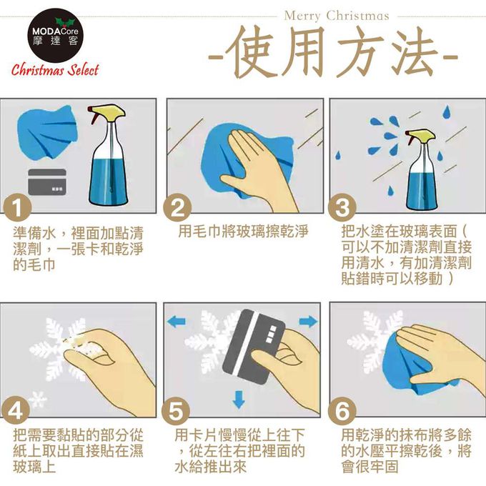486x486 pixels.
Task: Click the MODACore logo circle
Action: [x=54, y=36]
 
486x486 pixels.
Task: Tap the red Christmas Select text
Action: [x=55, y=70]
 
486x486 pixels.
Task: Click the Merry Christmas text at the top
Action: [x=336, y=15]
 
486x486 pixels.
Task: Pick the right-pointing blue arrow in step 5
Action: [x=307, y=322]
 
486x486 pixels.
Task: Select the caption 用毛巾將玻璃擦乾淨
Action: [x=243, y=232]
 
